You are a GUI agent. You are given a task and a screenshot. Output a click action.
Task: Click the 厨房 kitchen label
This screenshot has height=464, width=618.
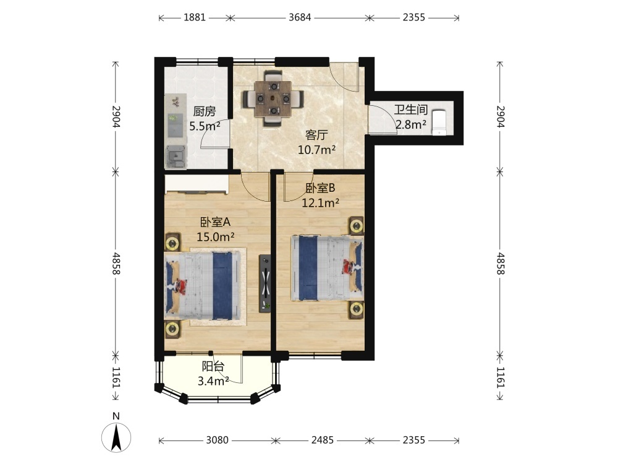pyautogui.click(x=205, y=111)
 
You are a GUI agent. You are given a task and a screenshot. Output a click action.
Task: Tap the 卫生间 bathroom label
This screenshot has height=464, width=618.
pyautogui.click(x=411, y=110)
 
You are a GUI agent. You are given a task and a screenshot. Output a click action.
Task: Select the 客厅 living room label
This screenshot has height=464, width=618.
pyautogui.click(x=316, y=135)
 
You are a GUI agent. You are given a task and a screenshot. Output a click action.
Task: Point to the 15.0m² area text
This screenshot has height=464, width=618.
pyautogui.click(x=216, y=237)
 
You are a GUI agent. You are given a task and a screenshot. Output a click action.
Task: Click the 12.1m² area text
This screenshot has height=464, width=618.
pyautogui.click(x=320, y=203)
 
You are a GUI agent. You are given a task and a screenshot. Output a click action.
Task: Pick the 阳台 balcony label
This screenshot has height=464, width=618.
pyautogui.click(x=213, y=366)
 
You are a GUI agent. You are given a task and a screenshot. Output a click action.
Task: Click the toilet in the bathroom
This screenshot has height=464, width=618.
pyautogui.click(x=439, y=122)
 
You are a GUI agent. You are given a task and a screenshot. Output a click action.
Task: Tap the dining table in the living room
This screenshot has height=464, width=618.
pyautogui.click(x=273, y=98)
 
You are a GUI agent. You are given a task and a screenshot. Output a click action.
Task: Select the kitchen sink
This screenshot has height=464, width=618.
pyautogui.click(x=176, y=157)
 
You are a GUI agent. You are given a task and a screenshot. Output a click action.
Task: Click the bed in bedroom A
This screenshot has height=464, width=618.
pyautogui.click(x=203, y=285)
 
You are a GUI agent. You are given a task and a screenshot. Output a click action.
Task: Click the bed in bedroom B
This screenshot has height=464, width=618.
pyautogui.click(x=327, y=269)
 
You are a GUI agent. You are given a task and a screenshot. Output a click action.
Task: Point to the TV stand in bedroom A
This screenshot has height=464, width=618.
pyautogui.click(x=265, y=284)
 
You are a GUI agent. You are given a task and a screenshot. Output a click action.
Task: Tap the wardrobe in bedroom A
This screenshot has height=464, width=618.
pyautogui.click(x=197, y=184)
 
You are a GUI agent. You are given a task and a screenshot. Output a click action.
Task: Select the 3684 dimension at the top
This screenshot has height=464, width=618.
pyautogui.click(x=300, y=17)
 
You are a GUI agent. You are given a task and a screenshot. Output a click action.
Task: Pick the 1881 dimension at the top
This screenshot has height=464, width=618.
pyautogui.click(x=195, y=17)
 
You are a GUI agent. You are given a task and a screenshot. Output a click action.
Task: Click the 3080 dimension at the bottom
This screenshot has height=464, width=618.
pyautogui.click(x=217, y=440)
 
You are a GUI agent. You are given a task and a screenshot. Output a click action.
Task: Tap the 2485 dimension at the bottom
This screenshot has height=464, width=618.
pyautogui.click(x=323, y=440)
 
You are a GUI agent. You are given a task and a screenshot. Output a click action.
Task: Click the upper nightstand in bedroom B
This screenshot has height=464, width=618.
pyautogui.click(x=357, y=226)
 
